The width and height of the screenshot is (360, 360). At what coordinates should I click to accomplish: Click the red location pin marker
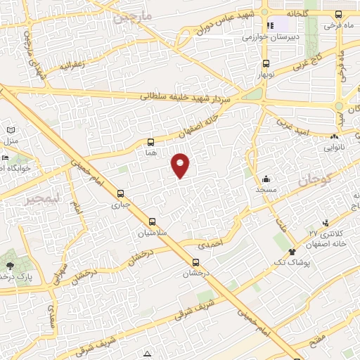181,165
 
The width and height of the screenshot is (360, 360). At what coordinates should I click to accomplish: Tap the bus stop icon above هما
152,142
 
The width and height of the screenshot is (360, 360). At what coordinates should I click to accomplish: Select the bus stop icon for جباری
122,193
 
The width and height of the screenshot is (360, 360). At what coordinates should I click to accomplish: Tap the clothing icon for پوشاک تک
292,250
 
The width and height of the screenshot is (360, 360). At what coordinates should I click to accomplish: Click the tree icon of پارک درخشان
10,265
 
